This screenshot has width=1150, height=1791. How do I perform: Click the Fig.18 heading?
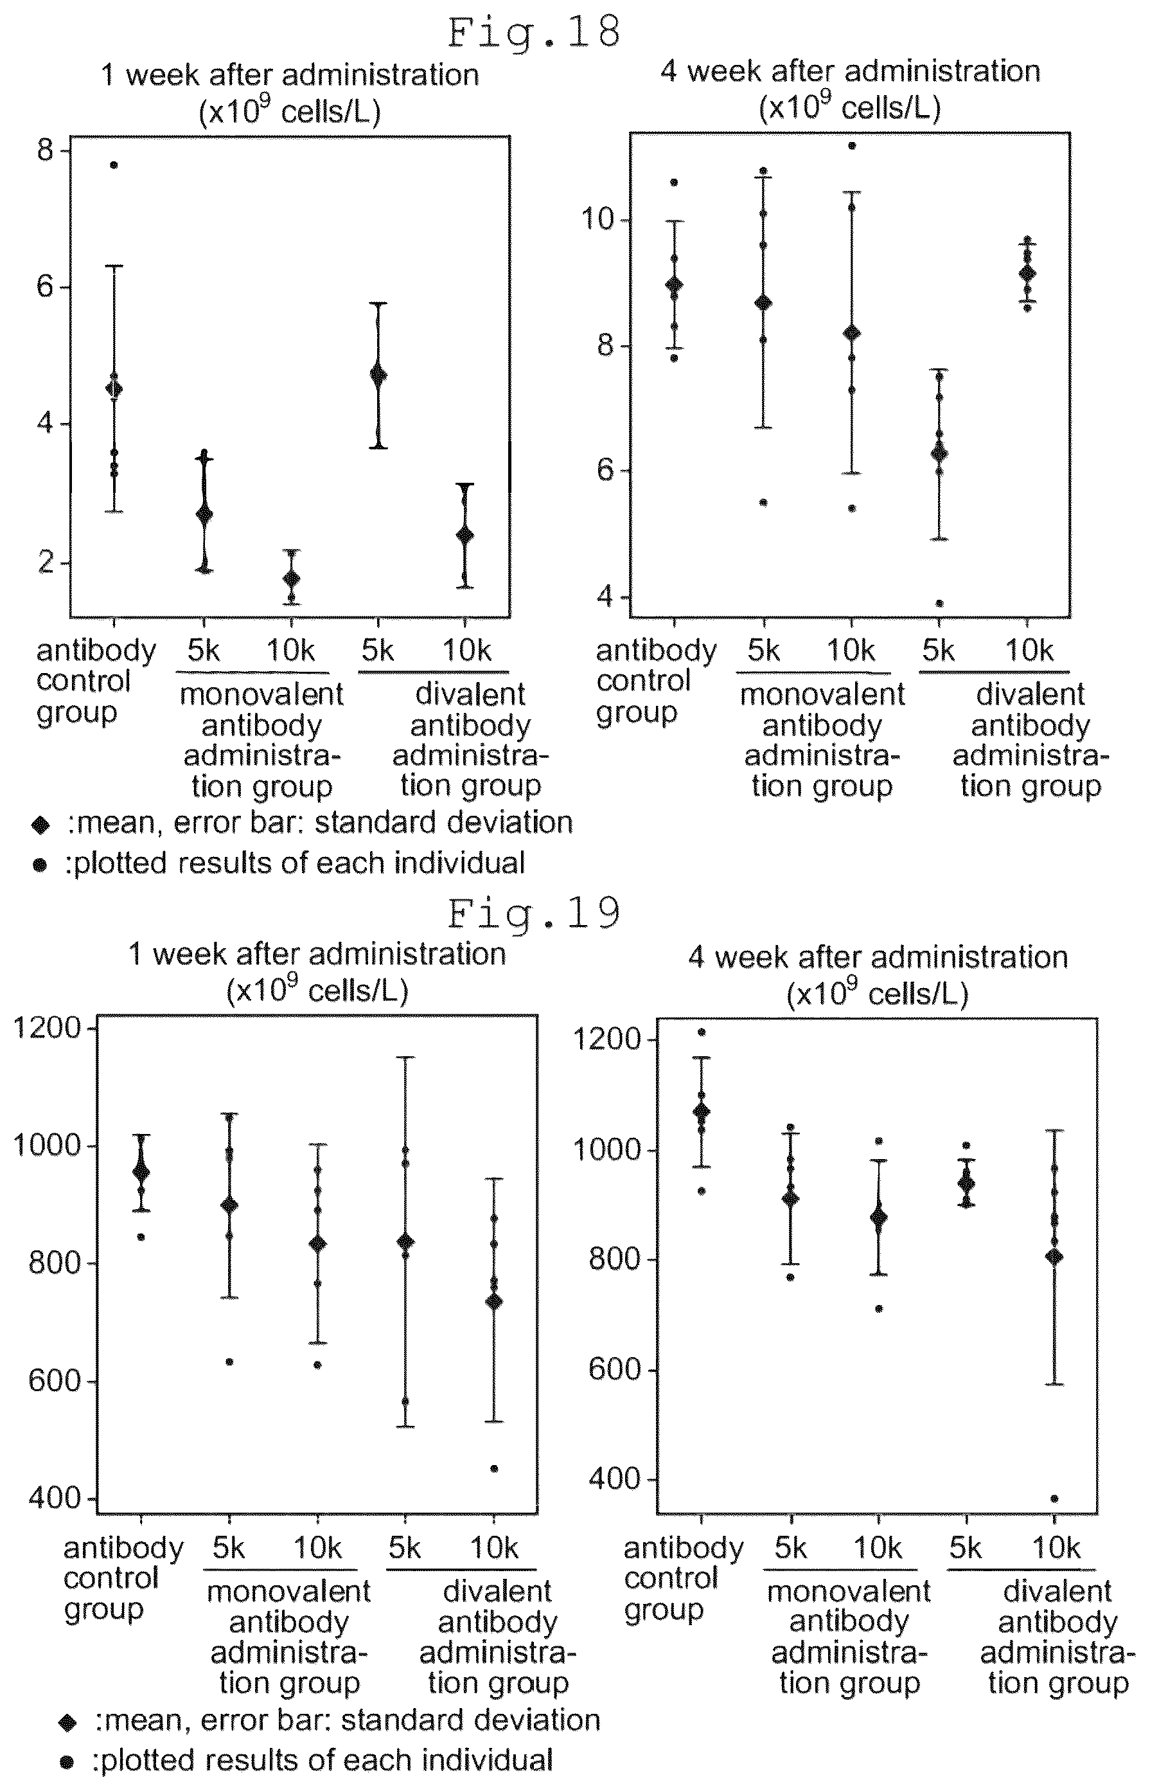tap(534, 33)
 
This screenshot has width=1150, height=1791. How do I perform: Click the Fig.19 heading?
tap(534, 913)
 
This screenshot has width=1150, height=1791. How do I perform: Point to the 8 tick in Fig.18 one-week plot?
tap(46, 151)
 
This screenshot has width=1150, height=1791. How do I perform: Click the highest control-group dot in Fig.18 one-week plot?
tap(114, 165)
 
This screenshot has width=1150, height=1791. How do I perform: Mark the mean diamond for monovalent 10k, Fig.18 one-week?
tap(291, 579)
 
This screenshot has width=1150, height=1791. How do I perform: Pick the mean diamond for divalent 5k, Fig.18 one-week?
tap(378, 374)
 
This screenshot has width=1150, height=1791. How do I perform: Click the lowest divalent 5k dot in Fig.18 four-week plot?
tap(939, 604)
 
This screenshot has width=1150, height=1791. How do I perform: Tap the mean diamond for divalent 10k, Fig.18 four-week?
tap(1027, 273)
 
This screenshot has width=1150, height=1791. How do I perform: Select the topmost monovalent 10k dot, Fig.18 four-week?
tap(851, 146)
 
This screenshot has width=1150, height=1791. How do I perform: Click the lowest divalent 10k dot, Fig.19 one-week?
tap(493, 1468)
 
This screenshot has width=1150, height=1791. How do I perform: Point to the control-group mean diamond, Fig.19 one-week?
tap(141, 1173)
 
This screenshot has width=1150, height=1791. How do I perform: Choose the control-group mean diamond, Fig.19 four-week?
tap(700, 1111)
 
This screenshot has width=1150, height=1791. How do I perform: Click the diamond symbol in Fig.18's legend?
tap(40, 825)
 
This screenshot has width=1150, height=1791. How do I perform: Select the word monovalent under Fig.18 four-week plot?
tap(822, 695)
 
